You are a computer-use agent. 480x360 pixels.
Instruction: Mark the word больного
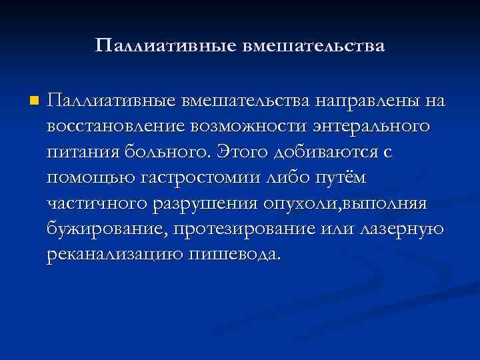(171, 152)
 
